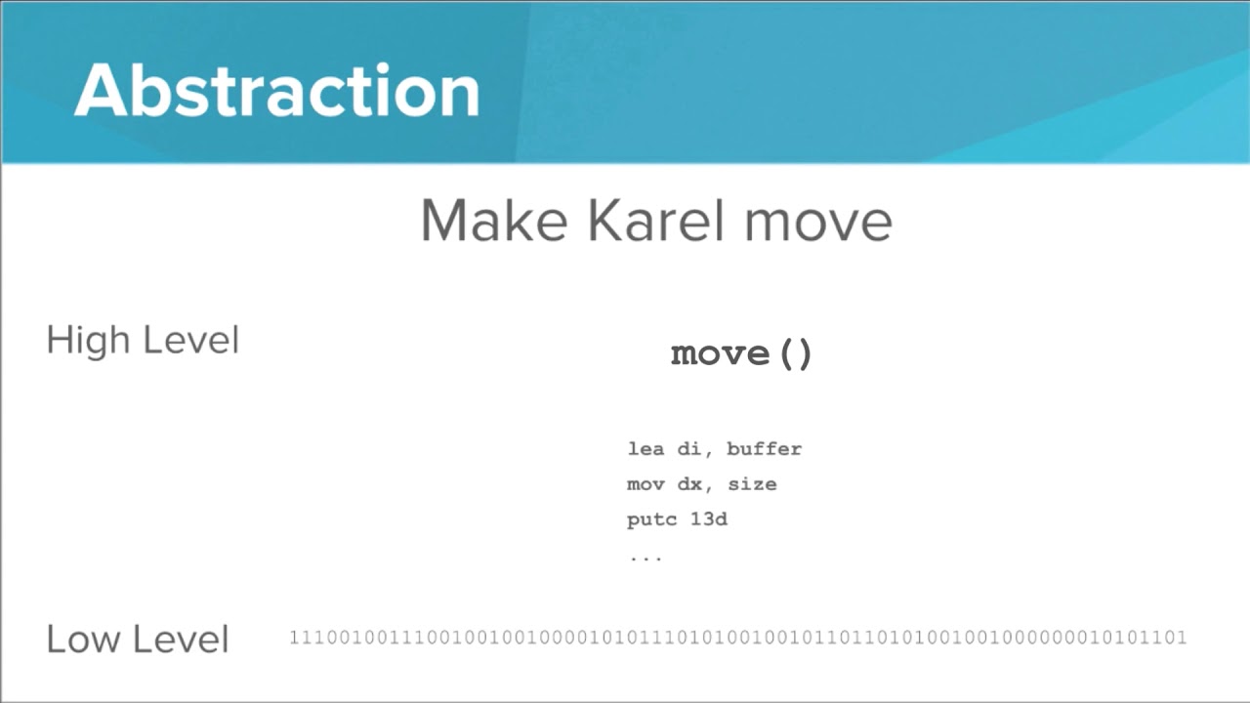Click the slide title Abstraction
click(276, 91)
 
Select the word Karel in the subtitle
click(656, 221)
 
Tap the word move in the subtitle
click(818, 223)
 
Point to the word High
click(87, 341)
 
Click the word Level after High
click(190, 341)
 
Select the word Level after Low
click(181, 640)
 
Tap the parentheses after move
click(795, 353)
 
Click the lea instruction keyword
click(645, 449)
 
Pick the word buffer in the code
click(764, 449)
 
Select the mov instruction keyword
click(645, 484)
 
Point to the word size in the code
click(752, 484)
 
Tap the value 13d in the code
click(708, 519)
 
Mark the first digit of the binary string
click(294, 638)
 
